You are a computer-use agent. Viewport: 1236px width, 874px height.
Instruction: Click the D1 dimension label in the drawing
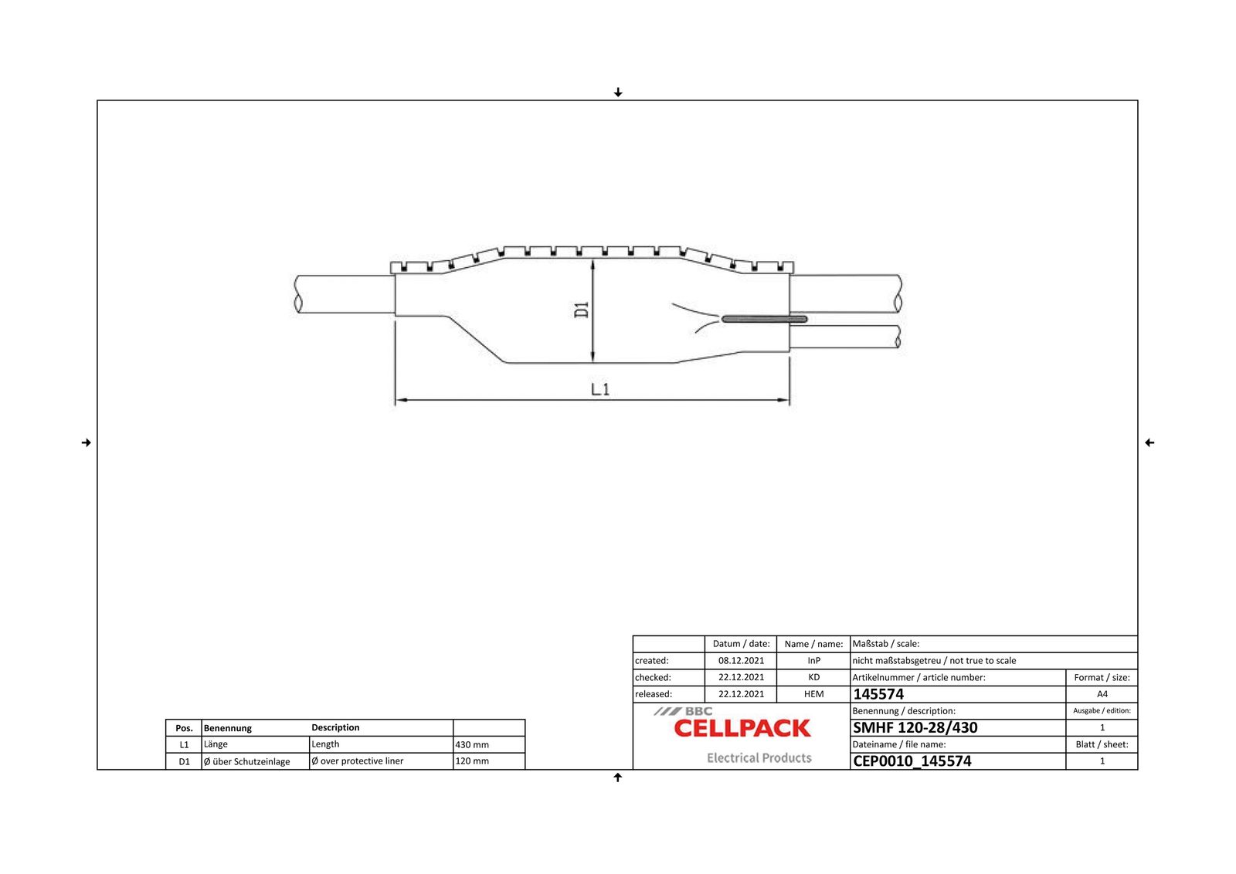pos(582,310)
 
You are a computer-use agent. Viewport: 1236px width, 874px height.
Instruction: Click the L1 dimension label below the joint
pos(600,389)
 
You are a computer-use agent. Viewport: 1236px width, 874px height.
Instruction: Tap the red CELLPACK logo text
pos(742,728)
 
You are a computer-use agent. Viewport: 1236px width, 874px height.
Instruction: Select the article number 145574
pos(878,694)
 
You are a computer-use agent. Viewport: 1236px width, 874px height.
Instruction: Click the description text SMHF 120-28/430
pos(915,727)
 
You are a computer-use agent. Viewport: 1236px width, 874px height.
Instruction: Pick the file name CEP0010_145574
pos(912,761)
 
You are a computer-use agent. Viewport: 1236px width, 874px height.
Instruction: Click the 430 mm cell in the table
pos(472,745)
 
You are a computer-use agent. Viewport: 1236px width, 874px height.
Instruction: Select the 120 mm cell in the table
pos(472,761)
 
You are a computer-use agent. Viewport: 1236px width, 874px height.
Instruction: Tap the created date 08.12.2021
pos(741,661)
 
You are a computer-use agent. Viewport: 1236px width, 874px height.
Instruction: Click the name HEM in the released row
pos(813,694)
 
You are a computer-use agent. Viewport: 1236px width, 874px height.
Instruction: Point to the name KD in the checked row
pos(813,677)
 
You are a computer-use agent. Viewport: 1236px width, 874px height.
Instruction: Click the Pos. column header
pos(184,728)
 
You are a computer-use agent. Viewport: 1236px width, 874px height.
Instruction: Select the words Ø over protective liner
pos(357,761)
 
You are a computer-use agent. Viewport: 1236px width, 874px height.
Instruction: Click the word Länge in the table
pos(216,744)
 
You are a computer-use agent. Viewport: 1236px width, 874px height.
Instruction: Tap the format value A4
pos(1102,694)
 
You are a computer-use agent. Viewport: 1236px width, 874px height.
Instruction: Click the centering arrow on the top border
pos(618,93)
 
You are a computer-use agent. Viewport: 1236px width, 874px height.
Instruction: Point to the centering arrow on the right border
pos(1149,442)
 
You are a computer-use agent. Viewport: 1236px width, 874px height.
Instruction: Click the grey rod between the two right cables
pos(765,319)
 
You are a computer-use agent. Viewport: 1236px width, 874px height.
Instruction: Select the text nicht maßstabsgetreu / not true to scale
pos(934,661)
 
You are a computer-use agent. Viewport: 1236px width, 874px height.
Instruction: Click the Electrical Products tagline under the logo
pos(759,758)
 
